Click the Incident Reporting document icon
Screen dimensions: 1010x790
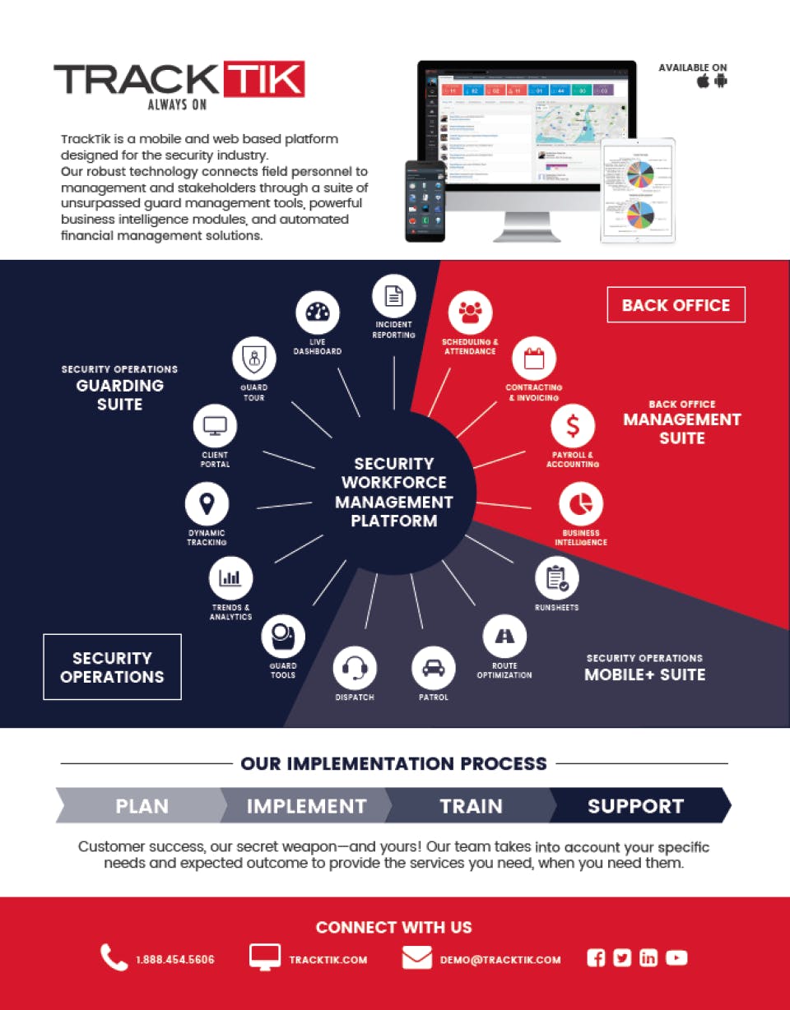394,296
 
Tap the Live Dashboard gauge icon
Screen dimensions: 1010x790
317,313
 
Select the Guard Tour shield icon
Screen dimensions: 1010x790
253,358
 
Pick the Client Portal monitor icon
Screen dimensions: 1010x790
215,426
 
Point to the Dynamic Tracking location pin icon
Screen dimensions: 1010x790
207,503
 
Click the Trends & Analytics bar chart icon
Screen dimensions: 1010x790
230,578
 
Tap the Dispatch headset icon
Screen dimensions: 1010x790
355,668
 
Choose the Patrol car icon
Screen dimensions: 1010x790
433,668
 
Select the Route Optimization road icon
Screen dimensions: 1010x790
504,636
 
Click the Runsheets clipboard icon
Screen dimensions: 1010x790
557,578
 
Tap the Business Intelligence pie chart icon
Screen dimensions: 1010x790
581,503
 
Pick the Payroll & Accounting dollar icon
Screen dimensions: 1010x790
573,426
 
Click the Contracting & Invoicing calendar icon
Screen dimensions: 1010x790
534,359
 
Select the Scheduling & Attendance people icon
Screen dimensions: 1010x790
470,313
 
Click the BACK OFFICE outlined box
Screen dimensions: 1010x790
676,305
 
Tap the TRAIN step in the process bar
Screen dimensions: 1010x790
471,806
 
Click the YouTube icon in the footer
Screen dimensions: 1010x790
676,957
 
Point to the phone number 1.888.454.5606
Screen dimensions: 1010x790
174,959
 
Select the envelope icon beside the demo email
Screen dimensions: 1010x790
417,958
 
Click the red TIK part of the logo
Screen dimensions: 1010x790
263,80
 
